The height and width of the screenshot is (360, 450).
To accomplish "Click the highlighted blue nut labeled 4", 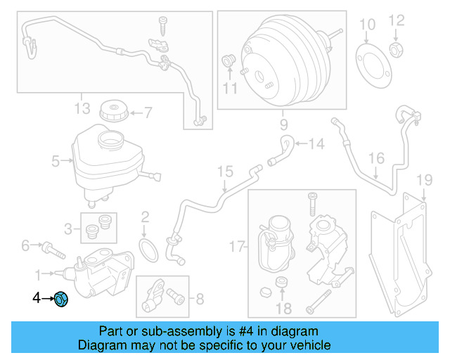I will pyautogui.click(x=61, y=300).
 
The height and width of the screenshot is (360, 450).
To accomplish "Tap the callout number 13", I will pyautogui.click(x=82, y=108).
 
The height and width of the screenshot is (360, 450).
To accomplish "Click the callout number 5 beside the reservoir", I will pyautogui.click(x=56, y=162).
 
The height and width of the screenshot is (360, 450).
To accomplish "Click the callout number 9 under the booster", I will pyautogui.click(x=283, y=126).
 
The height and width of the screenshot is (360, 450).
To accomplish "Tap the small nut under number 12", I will pyautogui.click(x=397, y=50).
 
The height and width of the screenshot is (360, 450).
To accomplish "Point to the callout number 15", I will pyautogui.click(x=224, y=171).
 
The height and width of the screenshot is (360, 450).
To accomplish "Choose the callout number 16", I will pyautogui.click(x=377, y=157).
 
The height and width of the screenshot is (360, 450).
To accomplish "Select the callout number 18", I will pyautogui.click(x=283, y=309).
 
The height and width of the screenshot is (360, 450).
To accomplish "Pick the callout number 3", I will pyautogui.click(x=69, y=228).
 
